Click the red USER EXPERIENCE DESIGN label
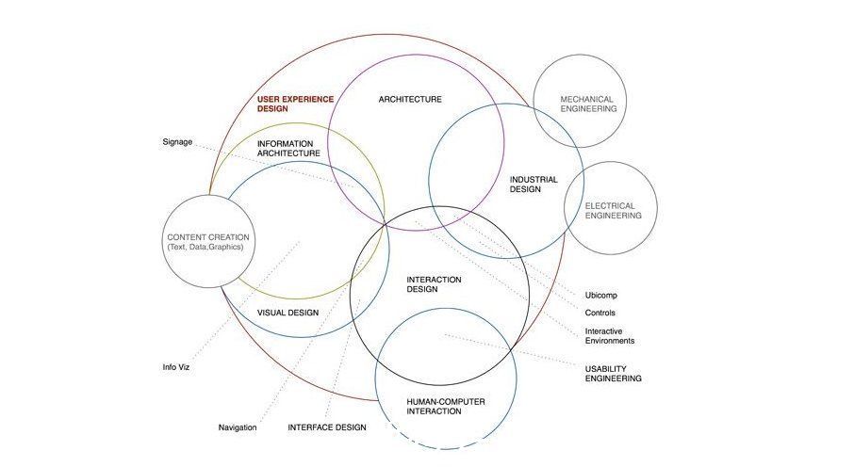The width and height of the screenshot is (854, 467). pos(295,104)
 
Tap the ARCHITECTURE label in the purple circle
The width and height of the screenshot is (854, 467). pos(410,99)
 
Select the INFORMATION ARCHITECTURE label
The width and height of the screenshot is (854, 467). pos(288,149)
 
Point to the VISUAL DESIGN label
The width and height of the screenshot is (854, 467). pos(287,313)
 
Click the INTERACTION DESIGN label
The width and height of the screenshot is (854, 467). pos(434,284)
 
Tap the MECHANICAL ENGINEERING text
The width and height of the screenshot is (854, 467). pos(588,104)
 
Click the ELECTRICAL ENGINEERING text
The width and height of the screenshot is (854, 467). pos(614,211)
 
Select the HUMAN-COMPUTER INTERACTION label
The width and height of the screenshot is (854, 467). pos(446,407)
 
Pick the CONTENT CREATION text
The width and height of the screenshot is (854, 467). pos(208,237)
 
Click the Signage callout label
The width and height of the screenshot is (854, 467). pos(177,142)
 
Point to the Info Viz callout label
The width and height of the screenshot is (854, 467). pos(176,367)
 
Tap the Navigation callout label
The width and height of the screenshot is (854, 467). pos(238,427)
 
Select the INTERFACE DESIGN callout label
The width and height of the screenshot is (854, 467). pos(327,427)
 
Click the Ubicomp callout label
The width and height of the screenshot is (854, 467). pos(601,296)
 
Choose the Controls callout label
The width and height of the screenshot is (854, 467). pos(600,313)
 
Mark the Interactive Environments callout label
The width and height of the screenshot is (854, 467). pos(610,336)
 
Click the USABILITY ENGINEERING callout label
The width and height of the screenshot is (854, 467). pos(614,374)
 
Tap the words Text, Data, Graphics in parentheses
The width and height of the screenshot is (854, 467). pos(205,247)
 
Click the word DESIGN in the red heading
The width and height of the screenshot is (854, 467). pos(272,109)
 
